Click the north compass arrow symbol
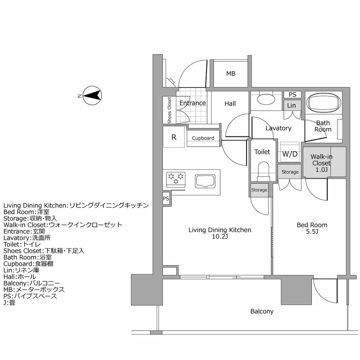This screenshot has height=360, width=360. [x=93, y=95]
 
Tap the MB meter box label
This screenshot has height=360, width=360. [x=230, y=74]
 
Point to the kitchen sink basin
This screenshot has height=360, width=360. [x=205, y=181]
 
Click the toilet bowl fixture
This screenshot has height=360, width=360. [x=262, y=171]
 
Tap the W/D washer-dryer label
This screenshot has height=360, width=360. [x=289, y=154]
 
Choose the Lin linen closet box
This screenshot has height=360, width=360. [x=291, y=105]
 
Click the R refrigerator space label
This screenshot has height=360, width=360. [x=174, y=137]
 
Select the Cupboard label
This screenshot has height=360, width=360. [x=203, y=138]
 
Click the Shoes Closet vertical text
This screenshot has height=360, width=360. [x=169, y=110]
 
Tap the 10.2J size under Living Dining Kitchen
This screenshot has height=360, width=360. [x=220, y=237]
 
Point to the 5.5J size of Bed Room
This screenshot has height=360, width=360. [x=311, y=232]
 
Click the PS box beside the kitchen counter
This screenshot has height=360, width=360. [x=166, y=198]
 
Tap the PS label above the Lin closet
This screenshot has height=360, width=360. [x=292, y=94]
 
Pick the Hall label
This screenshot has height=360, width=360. [x=230, y=104]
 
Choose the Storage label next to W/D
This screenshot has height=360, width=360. [x=290, y=172]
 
